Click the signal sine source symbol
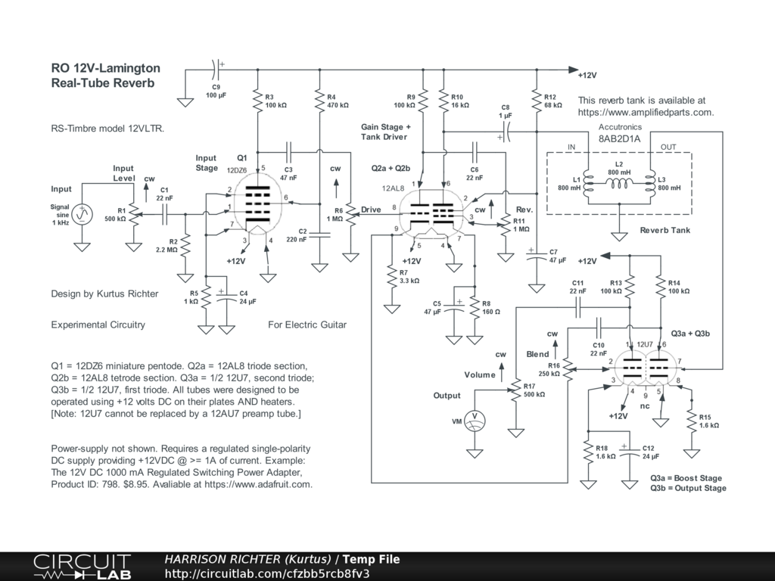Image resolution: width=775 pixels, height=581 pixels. tap(82, 215)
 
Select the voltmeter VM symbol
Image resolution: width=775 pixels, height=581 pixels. tap(475, 421)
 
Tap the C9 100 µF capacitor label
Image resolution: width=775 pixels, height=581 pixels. tap(216, 91)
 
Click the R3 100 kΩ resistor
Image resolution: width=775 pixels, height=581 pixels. tap(257, 101)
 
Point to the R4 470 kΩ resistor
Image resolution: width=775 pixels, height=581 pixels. tap(320, 101)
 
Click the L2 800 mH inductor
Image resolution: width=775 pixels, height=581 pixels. tap(619, 184)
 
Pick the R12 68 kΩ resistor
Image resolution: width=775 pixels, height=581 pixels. tap(537, 101)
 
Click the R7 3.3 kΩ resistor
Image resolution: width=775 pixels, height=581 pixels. tap(393, 277)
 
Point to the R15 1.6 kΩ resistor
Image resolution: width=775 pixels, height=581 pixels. tap(692, 421)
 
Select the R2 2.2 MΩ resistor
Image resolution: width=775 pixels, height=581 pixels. tap(186, 246)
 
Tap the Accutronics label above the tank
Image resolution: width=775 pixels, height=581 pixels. tap(621, 127)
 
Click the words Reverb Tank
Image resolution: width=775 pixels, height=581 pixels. tap(665, 230)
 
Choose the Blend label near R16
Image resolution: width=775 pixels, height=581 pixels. tap(537, 354)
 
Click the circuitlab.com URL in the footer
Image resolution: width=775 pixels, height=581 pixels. tap(267, 573)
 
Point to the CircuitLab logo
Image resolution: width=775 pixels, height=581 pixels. tap(82, 567)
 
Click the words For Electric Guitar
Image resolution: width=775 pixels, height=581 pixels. tap(307, 325)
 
